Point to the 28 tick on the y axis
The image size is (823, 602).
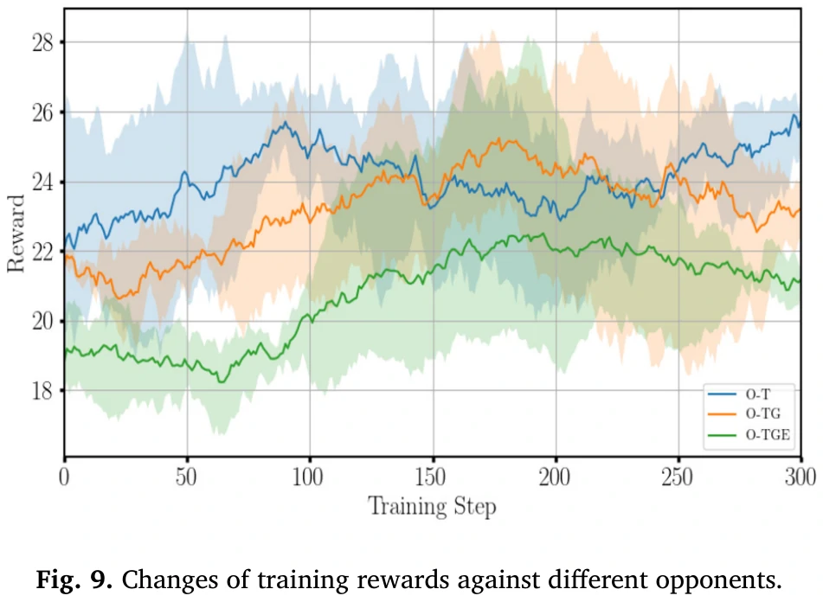(43, 42)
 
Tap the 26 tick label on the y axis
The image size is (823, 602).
(43, 112)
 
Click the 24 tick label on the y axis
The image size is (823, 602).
(43, 183)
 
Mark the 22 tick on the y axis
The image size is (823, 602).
(43, 252)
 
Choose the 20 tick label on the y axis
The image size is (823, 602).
(43, 322)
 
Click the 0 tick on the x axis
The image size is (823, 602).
(64, 476)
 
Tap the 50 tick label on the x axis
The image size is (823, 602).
(187, 476)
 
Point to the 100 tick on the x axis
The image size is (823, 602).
(310, 476)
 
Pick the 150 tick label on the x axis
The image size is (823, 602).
(433, 476)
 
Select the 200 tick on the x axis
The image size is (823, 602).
(556, 476)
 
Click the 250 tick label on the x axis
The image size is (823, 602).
(678, 476)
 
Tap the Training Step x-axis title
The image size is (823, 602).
(433, 506)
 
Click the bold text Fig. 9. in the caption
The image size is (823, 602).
(74, 577)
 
